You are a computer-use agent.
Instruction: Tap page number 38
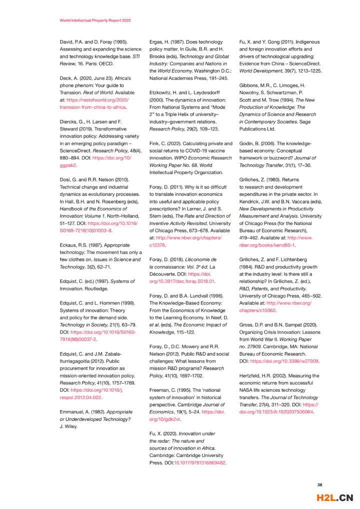[x=320, y=484]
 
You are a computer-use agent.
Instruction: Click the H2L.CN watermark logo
[x=335, y=497]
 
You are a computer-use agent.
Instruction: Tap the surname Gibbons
[x=250, y=85]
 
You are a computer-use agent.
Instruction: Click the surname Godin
[x=247, y=143]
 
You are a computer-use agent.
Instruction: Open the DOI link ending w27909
[x=284, y=360]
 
